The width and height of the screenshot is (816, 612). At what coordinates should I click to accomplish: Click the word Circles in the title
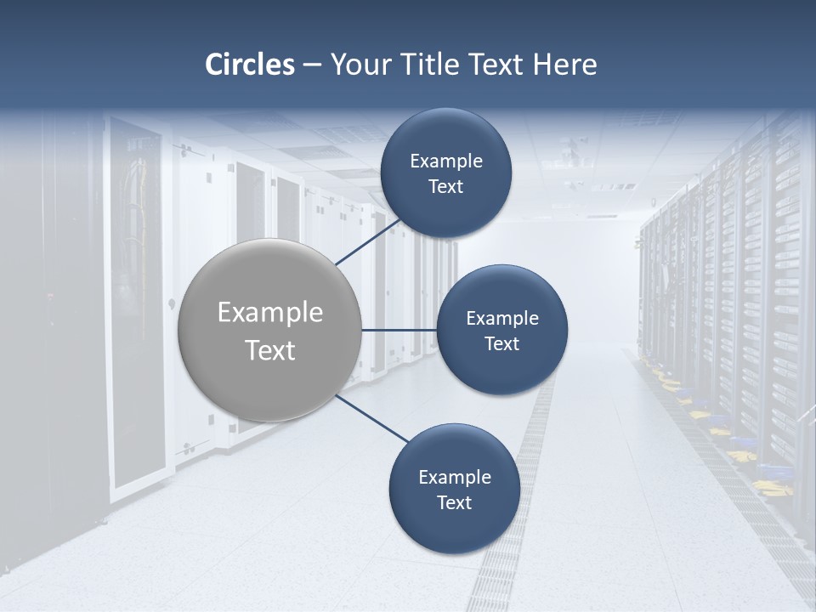point(249,65)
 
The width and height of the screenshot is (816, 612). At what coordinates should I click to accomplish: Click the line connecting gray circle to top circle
point(369,243)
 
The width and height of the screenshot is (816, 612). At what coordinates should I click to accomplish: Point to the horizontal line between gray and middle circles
point(399,330)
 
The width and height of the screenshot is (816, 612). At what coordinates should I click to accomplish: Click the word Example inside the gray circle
point(270,313)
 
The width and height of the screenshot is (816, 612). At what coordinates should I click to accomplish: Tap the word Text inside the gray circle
point(270,350)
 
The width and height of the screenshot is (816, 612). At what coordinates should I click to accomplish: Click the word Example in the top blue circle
point(446,161)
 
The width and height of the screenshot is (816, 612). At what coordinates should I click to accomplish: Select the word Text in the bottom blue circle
point(454,502)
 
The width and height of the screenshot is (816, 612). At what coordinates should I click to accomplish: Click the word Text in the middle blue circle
point(501,343)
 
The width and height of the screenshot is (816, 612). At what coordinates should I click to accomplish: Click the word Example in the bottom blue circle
point(455,477)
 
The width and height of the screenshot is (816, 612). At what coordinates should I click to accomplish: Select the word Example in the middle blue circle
point(502,319)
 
